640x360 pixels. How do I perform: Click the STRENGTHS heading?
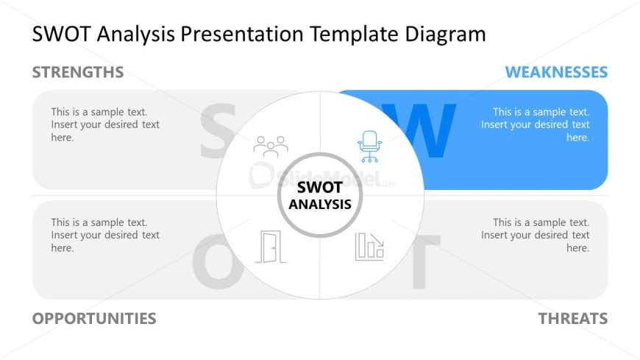pyautogui.click(x=78, y=72)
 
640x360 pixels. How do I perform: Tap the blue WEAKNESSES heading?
pyautogui.click(x=556, y=72)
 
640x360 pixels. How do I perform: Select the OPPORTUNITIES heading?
pyautogui.click(x=94, y=319)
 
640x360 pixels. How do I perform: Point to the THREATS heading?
pyautogui.click(x=573, y=319)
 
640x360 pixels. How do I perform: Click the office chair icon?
pyautogui.click(x=370, y=147)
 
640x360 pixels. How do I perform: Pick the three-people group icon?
pyautogui.click(x=271, y=147)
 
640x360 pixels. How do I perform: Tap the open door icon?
pyautogui.click(x=271, y=247)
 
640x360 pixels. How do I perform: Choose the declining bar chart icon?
pyautogui.click(x=369, y=247)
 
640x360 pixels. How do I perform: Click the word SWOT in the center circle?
pyautogui.click(x=319, y=188)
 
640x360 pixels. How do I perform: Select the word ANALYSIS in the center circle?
pyautogui.click(x=320, y=205)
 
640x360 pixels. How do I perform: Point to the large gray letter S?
pyautogui.click(x=218, y=131)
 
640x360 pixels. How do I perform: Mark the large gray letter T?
pyautogui.click(x=425, y=261)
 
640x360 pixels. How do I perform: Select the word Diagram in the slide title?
pyautogui.click(x=445, y=35)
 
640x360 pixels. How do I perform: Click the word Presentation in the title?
pyautogui.click(x=242, y=34)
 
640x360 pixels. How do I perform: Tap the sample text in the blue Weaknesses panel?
pyautogui.click(x=535, y=124)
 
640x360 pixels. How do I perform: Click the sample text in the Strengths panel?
pyautogui.click(x=105, y=124)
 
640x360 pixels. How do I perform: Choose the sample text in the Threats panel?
pyautogui.click(x=535, y=235)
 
